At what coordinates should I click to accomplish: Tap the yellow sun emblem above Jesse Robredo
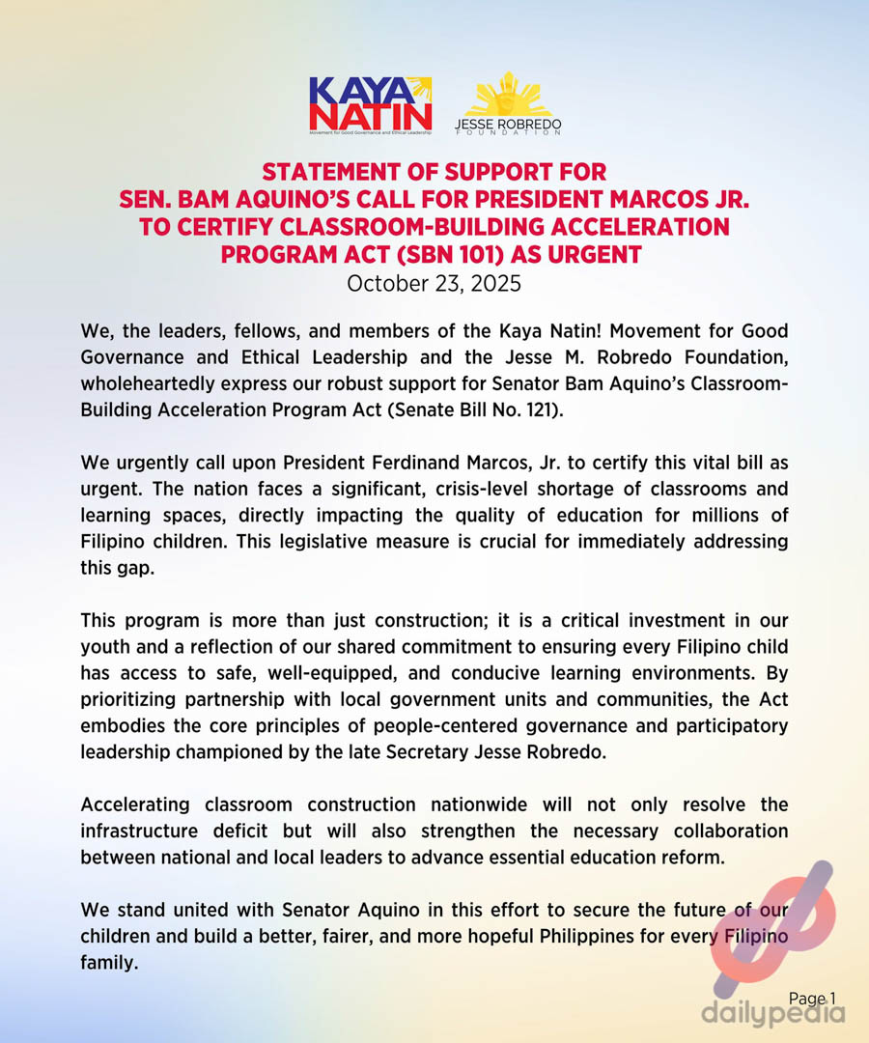pyautogui.click(x=508, y=94)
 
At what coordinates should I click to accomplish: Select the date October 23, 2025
pyautogui.click(x=434, y=284)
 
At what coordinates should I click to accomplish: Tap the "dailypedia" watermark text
pyautogui.click(x=772, y=1014)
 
